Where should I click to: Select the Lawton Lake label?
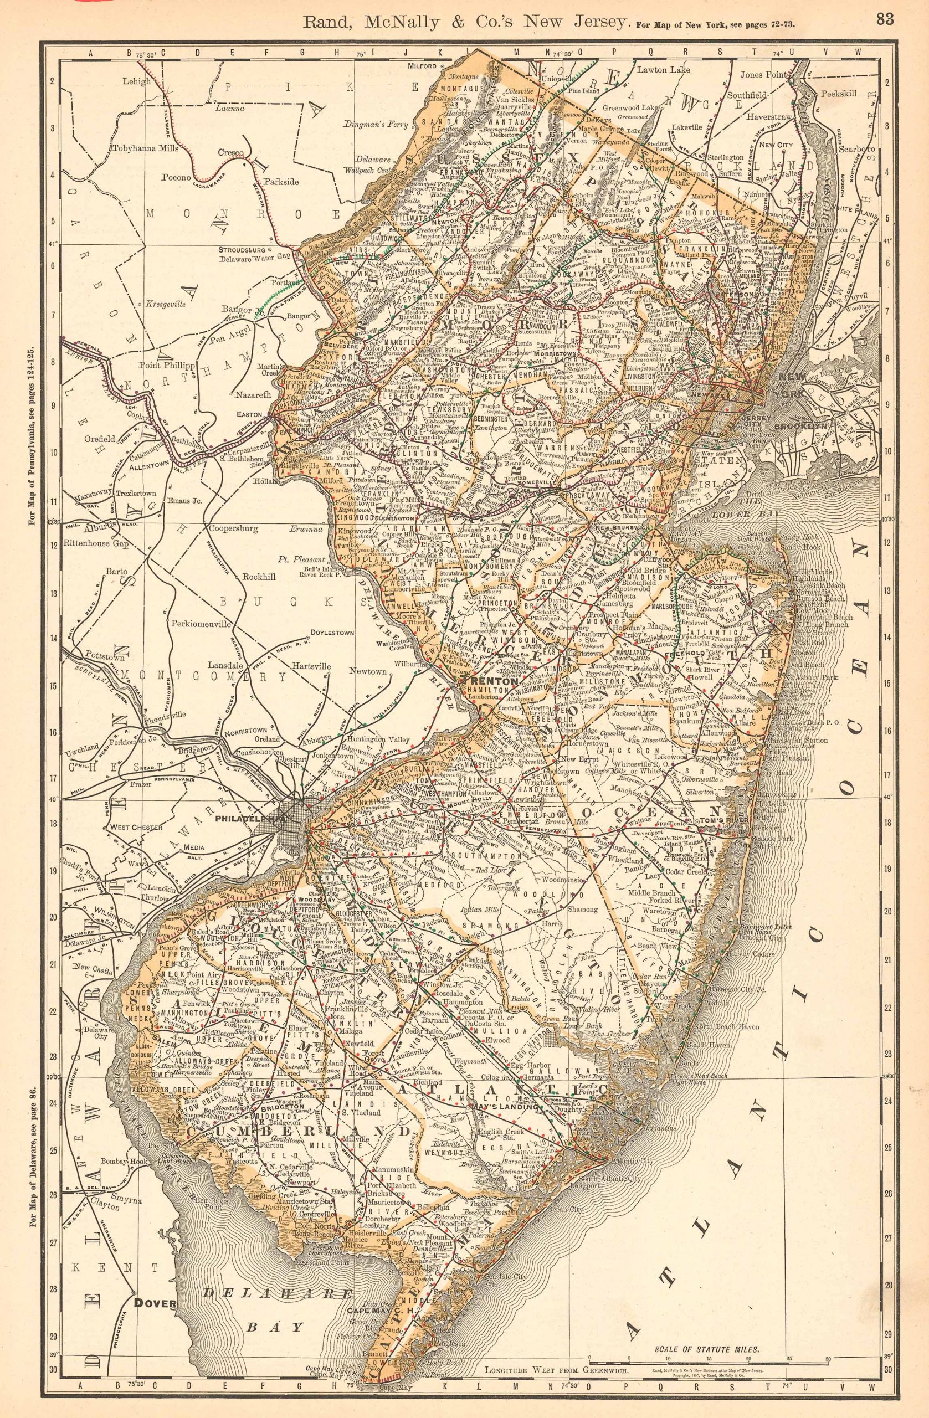(x=661, y=70)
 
